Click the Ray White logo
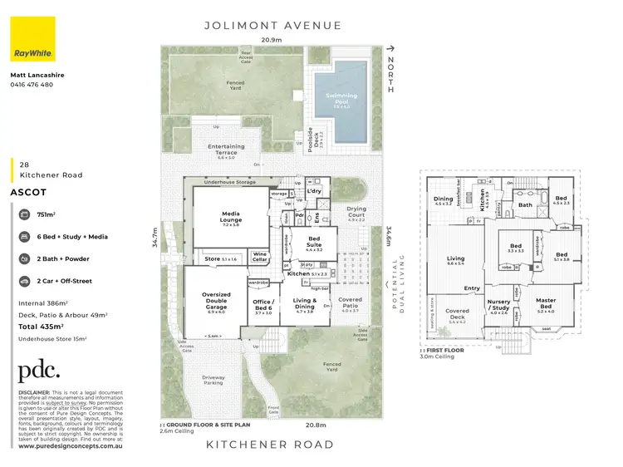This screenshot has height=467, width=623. point(33,39)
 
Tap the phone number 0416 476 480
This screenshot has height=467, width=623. point(31,85)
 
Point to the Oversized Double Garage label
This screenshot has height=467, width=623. point(216,300)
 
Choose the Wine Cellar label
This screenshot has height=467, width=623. point(260,257)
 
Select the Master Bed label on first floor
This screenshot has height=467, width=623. point(546,304)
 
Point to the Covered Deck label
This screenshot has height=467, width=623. point(457,314)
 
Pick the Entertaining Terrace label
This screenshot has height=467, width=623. point(226,150)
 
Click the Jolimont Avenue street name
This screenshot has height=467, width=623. point(273,26)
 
